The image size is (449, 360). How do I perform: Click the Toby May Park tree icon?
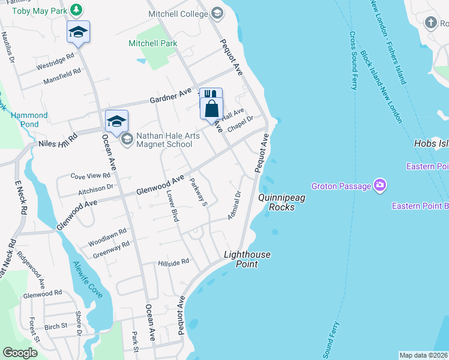(x=76, y=10)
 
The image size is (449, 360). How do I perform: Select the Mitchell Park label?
(x=153, y=43)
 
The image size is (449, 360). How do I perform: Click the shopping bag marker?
(x=211, y=109)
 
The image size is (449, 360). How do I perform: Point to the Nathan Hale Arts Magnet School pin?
(x=127, y=139)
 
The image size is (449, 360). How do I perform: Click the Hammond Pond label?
(x=29, y=119)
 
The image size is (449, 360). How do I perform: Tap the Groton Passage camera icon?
(x=379, y=185)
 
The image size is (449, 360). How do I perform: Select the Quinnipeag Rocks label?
(x=277, y=202)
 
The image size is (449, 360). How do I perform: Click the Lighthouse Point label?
(x=247, y=259)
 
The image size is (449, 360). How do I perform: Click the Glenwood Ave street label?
(x=159, y=184)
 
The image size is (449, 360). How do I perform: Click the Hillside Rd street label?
(x=173, y=262)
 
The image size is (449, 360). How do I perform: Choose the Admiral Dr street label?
(x=234, y=205)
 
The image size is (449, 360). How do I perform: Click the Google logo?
(x=20, y=353)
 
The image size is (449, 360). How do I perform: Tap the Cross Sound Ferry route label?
(x=353, y=60)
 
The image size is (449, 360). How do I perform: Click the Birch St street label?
(x=56, y=328)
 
